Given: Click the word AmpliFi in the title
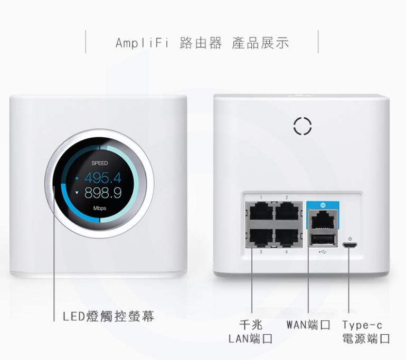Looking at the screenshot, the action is [x=142, y=43].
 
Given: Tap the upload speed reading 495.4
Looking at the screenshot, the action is [x=103, y=178].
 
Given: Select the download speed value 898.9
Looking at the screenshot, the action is [x=103, y=193].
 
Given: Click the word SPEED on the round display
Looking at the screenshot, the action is [x=99, y=163].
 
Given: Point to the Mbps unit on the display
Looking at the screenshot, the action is [x=100, y=208].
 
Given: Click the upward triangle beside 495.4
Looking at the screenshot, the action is [x=77, y=178].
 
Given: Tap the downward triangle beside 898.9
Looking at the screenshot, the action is [x=77, y=193].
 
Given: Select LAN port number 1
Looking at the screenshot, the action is [x=261, y=211].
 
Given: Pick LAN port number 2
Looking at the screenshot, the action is [x=287, y=211].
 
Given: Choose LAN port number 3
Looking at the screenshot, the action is [x=261, y=238].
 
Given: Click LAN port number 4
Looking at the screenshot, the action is [x=287, y=238].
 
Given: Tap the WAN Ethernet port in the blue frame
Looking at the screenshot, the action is [x=323, y=220].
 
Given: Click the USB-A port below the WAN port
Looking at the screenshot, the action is [x=323, y=240].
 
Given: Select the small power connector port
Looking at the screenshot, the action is [x=350, y=245].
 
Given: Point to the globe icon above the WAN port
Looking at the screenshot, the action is [x=323, y=205].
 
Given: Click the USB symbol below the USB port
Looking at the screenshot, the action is [x=323, y=252].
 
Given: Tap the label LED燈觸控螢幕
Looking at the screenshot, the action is [x=108, y=316].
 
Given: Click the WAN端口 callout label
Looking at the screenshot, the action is [x=308, y=325].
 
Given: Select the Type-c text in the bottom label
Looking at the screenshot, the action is [x=362, y=325].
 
